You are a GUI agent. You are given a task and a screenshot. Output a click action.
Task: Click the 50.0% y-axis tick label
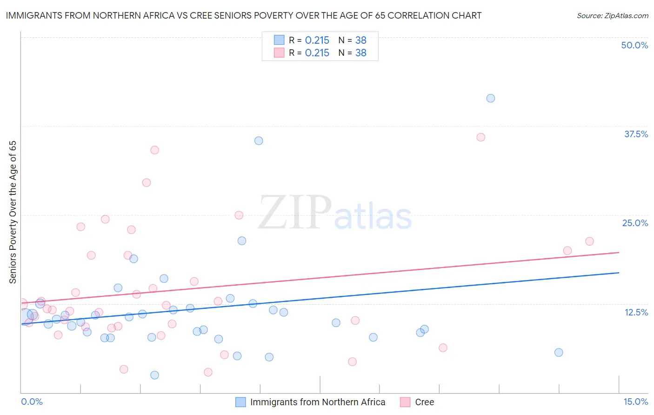[x=634, y=45]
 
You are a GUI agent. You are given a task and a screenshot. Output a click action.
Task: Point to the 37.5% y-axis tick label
[x=636, y=134]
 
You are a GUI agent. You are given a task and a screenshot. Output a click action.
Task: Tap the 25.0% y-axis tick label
[x=635, y=223]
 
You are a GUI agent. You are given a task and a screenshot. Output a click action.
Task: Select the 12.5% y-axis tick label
[x=636, y=312]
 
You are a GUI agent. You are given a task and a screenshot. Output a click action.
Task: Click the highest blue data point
[x=491, y=98]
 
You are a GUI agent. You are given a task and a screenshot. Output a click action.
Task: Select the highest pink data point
[x=481, y=137]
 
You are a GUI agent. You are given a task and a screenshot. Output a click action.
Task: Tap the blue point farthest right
[x=559, y=352]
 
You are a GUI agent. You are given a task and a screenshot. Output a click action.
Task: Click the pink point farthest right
[x=589, y=241]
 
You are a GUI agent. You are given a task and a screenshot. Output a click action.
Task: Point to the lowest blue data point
[x=155, y=375]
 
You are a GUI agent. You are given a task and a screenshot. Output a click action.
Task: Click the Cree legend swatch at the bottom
[x=405, y=402]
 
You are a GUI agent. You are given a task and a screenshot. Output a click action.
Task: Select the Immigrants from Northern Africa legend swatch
[x=240, y=402]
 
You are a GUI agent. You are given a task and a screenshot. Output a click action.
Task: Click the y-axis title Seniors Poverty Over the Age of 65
[x=13, y=212]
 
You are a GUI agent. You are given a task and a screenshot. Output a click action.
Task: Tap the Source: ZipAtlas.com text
[x=612, y=16]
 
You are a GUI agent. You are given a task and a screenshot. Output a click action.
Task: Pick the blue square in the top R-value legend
[x=279, y=40]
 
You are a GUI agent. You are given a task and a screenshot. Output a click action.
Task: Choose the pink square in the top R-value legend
[x=279, y=53]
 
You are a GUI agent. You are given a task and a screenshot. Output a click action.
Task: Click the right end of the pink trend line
[x=619, y=252]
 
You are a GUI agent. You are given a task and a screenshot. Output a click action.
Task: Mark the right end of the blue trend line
[x=619, y=273]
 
